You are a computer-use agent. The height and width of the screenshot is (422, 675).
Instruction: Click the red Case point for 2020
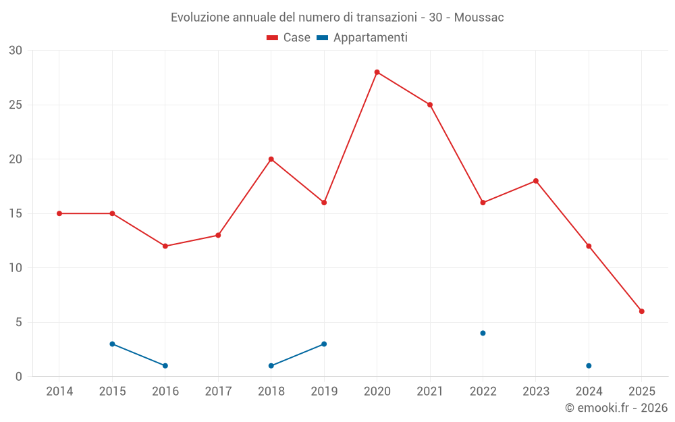pyautogui.click(x=377, y=72)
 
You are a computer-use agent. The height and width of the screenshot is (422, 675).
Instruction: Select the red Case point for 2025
pyautogui.click(x=642, y=311)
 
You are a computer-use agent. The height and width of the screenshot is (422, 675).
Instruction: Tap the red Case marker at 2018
pyautogui.click(x=271, y=159)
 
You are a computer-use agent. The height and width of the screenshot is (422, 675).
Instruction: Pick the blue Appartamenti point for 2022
pyautogui.click(x=483, y=333)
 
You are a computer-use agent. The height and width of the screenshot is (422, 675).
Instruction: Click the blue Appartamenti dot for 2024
pyautogui.click(x=589, y=366)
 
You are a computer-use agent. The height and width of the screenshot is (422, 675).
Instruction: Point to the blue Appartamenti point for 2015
pyautogui.click(x=112, y=344)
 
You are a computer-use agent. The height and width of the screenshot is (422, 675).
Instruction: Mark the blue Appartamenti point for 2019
pyautogui.click(x=324, y=344)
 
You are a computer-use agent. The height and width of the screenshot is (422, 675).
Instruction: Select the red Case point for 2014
pyautogui.click(x=59, y=213)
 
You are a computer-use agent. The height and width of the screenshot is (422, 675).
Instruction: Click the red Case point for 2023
pyautogui.click(x=536, y=181)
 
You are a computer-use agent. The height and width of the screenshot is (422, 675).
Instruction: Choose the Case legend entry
pyautogui.click(x=289, y=38)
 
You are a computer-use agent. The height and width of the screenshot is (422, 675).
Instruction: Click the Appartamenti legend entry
pyautogui.click(x=362, y=38)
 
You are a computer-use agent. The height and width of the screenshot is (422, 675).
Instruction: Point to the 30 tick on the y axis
pyautogui.click(x=16, y=51)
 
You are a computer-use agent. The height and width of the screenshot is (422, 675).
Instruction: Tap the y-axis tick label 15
pyautogui.click(x=16, y=213)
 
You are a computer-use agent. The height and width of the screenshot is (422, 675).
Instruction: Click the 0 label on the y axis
pyautogui.click(x=19, y=377)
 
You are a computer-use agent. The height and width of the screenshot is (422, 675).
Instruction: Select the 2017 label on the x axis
pyautogui.click(x=218, y=392)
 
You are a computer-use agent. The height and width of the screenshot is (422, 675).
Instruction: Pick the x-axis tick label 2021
pyautogui.click(x=430, y=392)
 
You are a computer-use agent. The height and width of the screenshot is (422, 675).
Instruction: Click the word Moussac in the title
pyautogui.click(x=479, y=18)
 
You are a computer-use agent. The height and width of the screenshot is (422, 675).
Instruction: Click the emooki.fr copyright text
pyautogui.click(x=616, y=408)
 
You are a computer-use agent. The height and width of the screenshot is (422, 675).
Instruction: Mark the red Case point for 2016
pyautogui.click(x=165, y=246)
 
